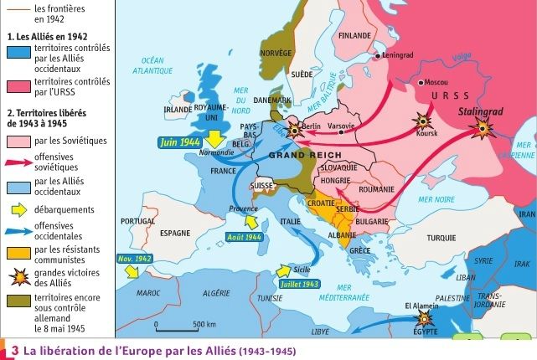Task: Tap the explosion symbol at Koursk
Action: click(421, 122)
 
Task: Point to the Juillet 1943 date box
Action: click(300, 284)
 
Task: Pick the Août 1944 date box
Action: click(245, 237)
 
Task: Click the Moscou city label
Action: click(436, 83)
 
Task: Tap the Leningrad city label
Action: click(396, 55)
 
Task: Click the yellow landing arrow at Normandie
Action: click(216, 137)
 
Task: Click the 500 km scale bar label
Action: click(204, 324)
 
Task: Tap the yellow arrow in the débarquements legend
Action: click(18, 209)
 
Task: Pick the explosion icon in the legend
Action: click(18, 276)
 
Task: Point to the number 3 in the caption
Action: click(13, 350)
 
